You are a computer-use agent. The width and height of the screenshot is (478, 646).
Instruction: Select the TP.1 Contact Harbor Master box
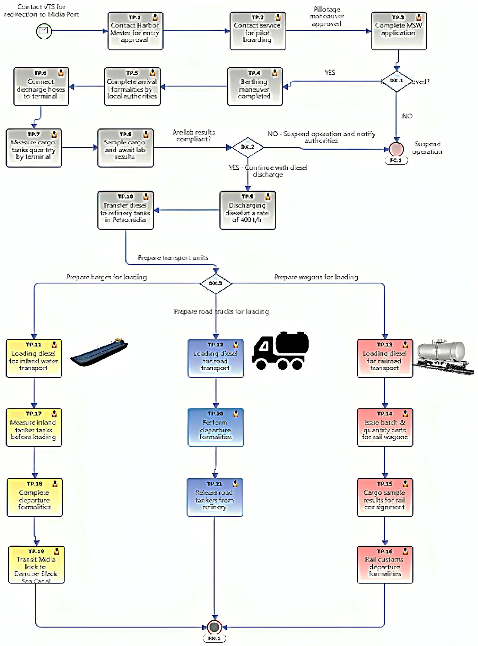click(x=135, y=31)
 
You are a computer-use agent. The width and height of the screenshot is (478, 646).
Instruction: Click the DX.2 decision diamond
click(x=248, y=147)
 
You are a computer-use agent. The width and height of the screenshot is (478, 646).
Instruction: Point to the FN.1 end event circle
click(x=214, y=627)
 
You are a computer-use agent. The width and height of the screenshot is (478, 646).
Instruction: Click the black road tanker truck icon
click(x=280, y=351)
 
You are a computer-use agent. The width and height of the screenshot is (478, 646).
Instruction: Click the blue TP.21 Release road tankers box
click(x=215, y=497)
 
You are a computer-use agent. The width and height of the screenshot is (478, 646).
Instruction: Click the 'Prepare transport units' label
click(x=173, y=258)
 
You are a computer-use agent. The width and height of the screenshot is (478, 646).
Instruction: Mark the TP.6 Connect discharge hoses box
click(x=41, y=87)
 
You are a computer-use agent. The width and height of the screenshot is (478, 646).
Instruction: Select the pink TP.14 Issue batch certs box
click(x=385, y=428)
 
